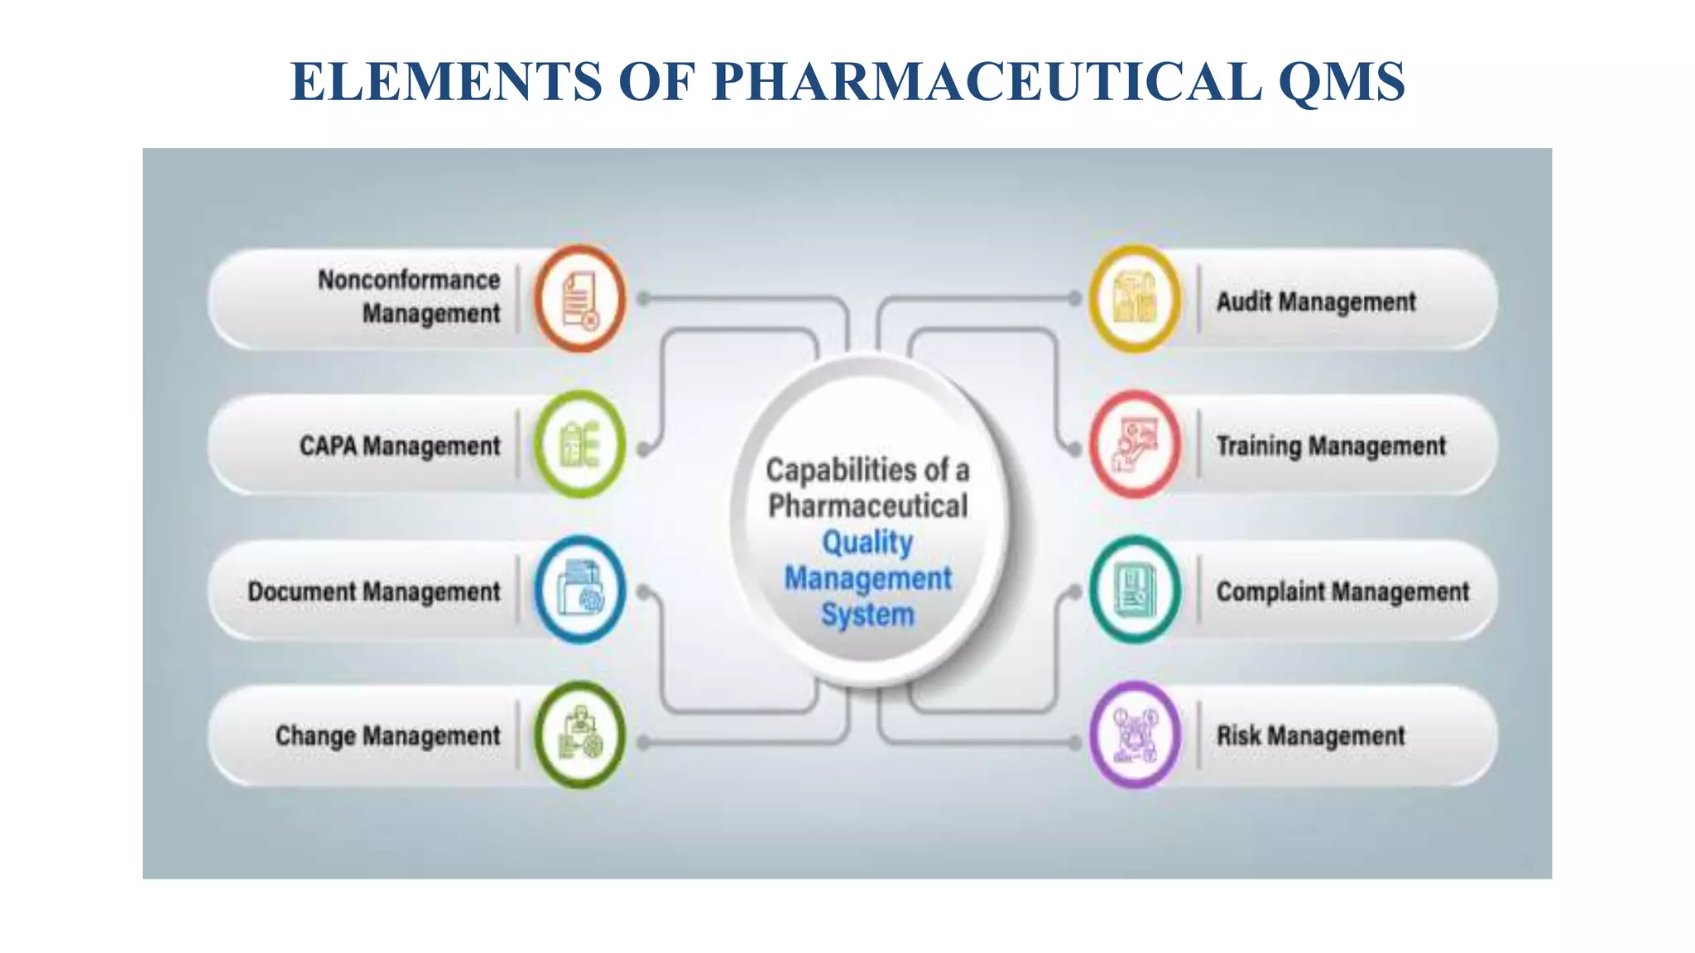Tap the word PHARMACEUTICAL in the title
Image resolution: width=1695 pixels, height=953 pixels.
tap(987, 81)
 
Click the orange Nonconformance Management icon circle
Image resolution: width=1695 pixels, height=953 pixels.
tap(579, 299)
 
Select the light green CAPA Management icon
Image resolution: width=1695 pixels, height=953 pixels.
tap(579, 444)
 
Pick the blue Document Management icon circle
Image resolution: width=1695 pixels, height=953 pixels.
tap(579, 590)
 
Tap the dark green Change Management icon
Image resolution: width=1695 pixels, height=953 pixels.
tap(579, 735)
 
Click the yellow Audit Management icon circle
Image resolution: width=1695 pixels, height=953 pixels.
tap(1135, 299)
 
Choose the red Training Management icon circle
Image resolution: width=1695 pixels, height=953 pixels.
tap(1135, 444)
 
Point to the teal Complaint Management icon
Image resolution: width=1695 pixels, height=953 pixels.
tap(1135, 590)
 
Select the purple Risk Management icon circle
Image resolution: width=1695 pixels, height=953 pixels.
tap(1135, 735)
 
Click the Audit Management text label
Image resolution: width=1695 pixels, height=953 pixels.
tap(1316, 302)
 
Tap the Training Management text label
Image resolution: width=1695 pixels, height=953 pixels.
tap(1331, 447)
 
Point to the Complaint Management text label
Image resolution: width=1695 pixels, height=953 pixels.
tap(1342, 592)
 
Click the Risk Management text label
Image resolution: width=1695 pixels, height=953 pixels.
tap(1310, 736)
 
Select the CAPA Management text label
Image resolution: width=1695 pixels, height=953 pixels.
tap(400, 447)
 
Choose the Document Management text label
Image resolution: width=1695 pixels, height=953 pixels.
tap(374, 592)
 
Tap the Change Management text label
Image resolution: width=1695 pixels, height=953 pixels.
tap(388, 736)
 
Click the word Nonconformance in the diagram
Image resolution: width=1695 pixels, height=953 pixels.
tap(409, 280)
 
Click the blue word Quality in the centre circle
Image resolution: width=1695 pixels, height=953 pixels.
tap(867, 543)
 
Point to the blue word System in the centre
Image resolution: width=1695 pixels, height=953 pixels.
tap(867, 615)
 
